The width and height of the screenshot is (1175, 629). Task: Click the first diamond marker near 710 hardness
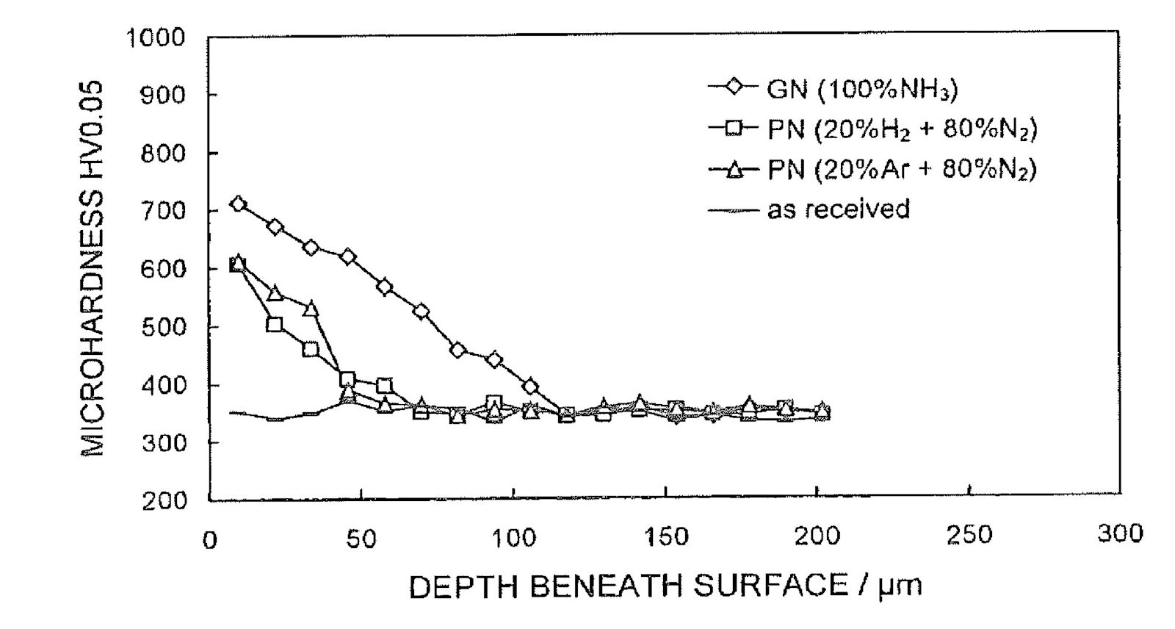(238, 204)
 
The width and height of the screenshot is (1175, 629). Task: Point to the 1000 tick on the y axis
(156, 37)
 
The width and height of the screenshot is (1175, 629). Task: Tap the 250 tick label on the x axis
(969, 536)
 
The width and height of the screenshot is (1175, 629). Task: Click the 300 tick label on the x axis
(1121, 534)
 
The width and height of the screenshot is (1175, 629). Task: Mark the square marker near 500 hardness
(274, 324)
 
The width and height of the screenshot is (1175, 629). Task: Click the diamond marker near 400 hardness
(530, 387)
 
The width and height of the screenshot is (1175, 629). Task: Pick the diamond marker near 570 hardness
(384, 287)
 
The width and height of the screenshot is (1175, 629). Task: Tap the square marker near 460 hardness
(311, 349)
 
